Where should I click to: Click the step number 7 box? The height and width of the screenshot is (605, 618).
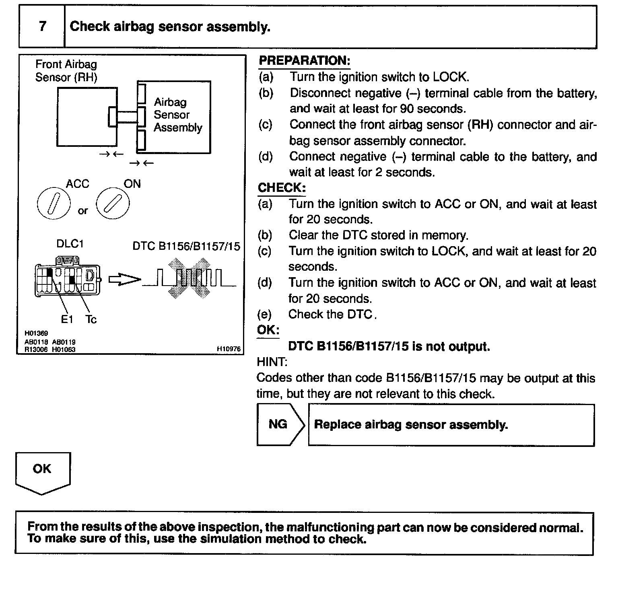click(42, 27)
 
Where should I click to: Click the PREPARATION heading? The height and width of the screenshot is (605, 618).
click(304, 61)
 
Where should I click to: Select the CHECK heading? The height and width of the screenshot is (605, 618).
click(282, 188)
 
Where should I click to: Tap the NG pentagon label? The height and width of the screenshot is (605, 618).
click(278, 424)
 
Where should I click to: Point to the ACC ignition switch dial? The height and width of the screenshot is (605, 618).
click(54, 203)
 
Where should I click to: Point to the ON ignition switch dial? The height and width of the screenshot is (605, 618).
click(113, 203)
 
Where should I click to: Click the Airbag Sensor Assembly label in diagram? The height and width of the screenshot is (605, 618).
click(177, 115)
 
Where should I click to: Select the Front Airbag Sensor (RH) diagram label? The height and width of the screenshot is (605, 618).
click(66, 71)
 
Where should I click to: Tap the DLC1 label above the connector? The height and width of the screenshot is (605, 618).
click(70, 244)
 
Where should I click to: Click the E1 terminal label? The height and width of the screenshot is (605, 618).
click(67, 319)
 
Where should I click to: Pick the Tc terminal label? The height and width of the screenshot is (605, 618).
click(91, 319)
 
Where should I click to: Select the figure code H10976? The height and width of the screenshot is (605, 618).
click(229, 349)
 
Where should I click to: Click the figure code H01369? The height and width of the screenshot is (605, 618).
click(36, 333)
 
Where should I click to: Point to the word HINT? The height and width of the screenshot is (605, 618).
click(272, 362)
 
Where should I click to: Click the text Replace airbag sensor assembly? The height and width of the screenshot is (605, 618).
click(411, 425)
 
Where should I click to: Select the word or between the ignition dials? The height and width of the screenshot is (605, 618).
click(83, 211)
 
